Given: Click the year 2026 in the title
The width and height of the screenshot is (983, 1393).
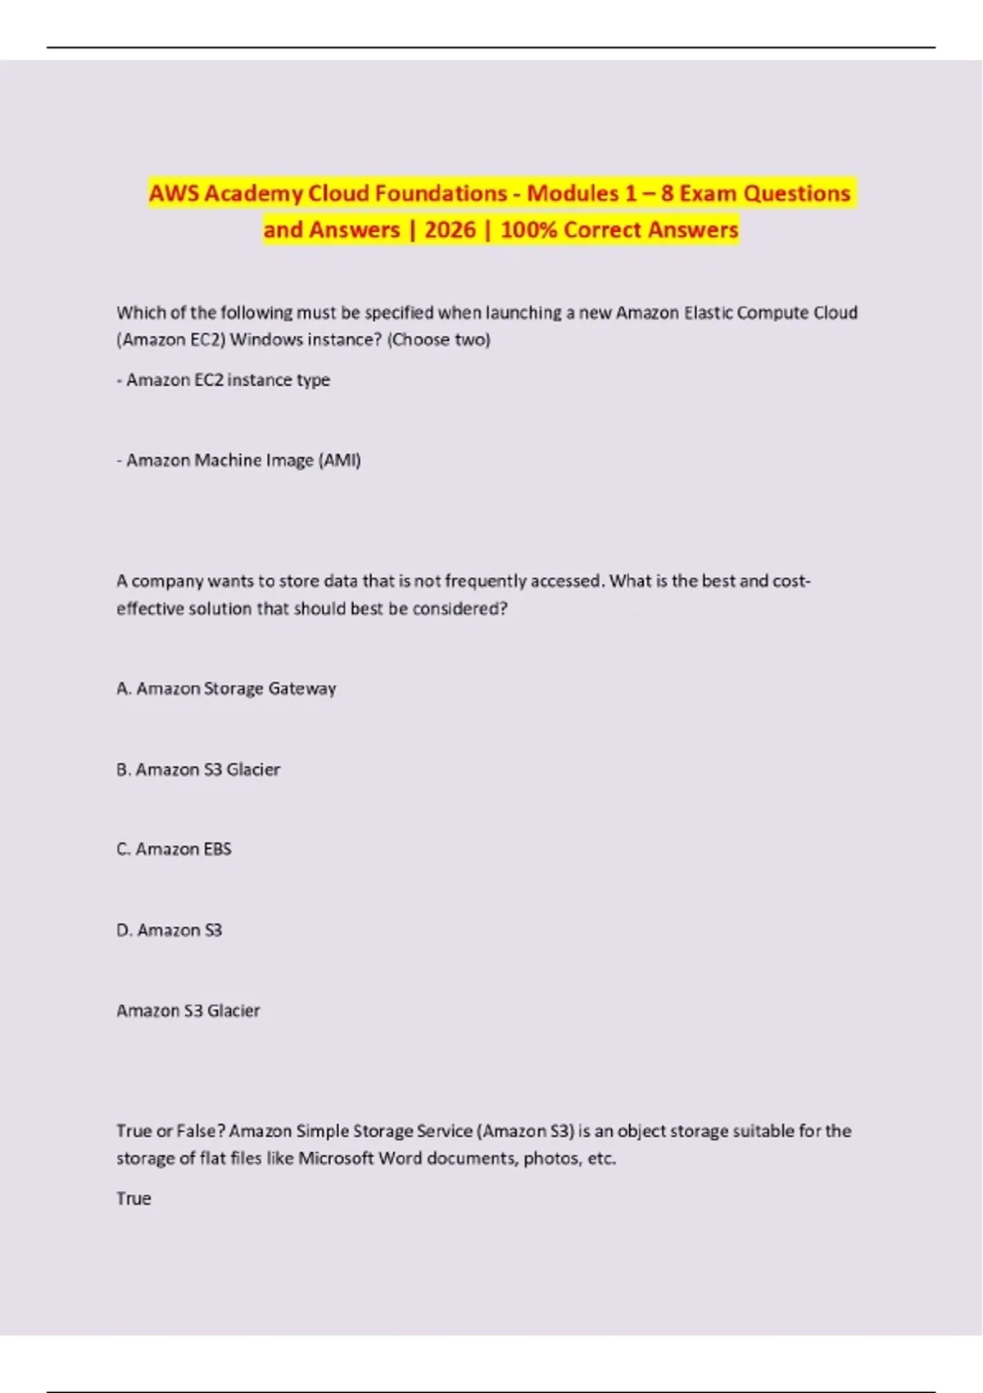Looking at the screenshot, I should click(450, 229).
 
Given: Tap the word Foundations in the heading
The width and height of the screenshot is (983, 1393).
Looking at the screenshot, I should click(437, 193).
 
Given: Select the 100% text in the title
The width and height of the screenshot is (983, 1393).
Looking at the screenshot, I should click(528, 229).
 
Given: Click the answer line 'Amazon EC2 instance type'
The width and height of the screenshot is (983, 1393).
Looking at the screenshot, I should click(228, 379).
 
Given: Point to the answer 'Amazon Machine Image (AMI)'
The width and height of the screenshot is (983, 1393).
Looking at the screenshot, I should click(243, 461).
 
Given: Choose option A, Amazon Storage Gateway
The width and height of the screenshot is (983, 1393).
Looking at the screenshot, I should click(226, 688).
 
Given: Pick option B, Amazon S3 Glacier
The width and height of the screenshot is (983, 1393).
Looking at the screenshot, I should click(198, 769).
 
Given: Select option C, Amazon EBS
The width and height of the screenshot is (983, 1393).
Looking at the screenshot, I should click(174, 849).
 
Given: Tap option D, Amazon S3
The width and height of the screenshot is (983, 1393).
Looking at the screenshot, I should click(170, 930).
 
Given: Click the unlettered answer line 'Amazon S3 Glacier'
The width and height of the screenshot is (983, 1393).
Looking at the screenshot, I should click(188, 1010).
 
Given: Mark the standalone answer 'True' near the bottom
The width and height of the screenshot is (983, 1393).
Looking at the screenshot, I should click(134, 1198).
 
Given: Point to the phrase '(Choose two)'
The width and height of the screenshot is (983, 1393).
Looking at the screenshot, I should click(439, 339).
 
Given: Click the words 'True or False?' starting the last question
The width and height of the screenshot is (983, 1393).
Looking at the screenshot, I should click(171, 1131).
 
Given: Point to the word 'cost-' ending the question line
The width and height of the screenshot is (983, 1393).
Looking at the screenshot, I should click(791, 581).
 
